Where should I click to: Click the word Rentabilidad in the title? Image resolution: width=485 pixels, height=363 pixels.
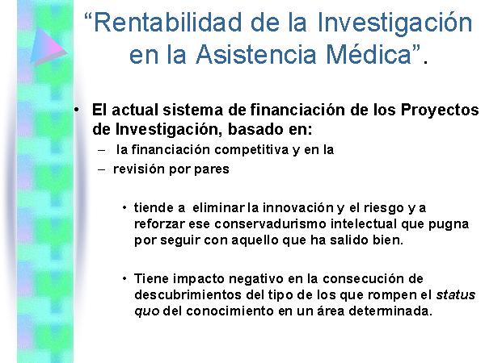coord(167,23)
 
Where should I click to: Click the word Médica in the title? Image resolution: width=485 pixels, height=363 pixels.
coord(369,54)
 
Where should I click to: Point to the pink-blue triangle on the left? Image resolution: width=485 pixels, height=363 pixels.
coord(48,46)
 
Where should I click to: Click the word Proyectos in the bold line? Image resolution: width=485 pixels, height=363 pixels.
coord(440,111)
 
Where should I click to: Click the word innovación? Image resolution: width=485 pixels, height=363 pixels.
coord(297,208)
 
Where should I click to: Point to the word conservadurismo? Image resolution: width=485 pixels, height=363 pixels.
coord(270,223)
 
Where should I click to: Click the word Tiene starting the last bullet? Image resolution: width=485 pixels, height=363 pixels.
coord(152,279)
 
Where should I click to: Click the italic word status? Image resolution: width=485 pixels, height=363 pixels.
coord(456,295)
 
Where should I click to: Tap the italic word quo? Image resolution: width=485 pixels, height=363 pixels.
coord(147,312)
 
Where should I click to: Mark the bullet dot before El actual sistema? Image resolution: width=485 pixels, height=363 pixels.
coord(77,110)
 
